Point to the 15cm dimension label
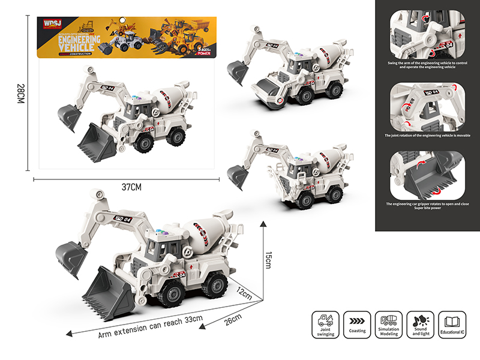(x=269, y=260)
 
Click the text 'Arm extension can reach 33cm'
(x=150, y=325)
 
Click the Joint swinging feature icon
(x=325, y=320)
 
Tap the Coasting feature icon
(x=357, y=320)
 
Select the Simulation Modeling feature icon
(x=388, y=320)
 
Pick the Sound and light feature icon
(x=420, y=320)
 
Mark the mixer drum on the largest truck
(x=203, y=232)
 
